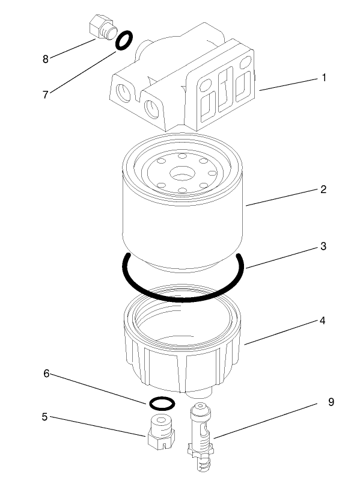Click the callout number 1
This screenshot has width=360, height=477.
[324, 78]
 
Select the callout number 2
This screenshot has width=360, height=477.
[323, 189]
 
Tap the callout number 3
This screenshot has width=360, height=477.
[323, 247]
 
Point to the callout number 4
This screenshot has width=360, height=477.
[323, 321]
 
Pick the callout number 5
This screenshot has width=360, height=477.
[44, 416]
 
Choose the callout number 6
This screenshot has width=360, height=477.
[46, 374]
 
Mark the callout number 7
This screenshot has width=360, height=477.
[45, 94]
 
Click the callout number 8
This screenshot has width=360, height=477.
[45, 59]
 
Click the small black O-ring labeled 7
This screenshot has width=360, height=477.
[123, 41]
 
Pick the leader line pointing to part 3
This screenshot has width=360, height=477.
[279, 257]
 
